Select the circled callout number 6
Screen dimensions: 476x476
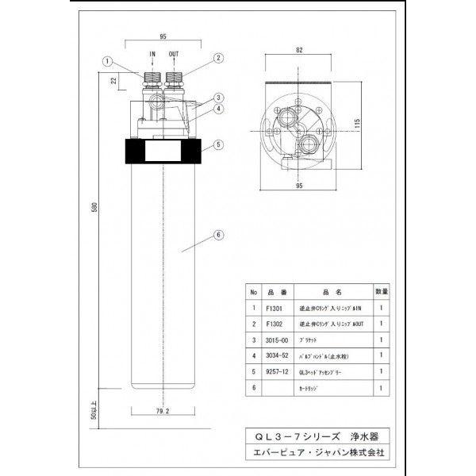pyautogui.click(x=218, y=234)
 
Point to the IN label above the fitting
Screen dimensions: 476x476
pyautogui.click(x=153, y=54)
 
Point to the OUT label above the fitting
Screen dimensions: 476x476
pyautogui.click(x=174, y=54)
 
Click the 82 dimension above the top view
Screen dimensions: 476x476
pyautogui.click(x=299, y=49)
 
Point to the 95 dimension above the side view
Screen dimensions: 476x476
pyautogui.click(x=162, y=36)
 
